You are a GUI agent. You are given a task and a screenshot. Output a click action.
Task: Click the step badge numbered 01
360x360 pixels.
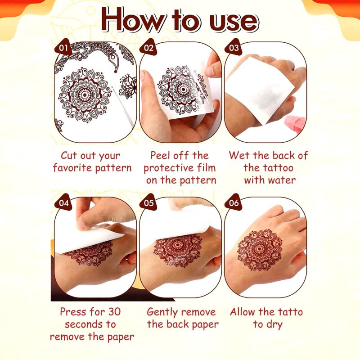pos(63,48)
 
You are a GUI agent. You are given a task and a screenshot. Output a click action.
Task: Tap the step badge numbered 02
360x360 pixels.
pos(148,48)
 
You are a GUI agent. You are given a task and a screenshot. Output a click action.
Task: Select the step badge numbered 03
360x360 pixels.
pos(233,48)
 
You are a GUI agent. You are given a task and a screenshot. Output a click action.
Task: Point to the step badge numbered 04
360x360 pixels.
pos(63,202)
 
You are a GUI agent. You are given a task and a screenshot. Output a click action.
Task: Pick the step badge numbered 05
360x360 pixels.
pos(148,202)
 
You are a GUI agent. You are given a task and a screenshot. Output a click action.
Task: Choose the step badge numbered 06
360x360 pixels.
pos(234,202)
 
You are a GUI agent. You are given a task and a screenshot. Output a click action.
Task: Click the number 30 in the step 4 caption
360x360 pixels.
pos(114,312)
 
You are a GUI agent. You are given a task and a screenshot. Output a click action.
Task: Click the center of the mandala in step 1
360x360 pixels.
pos(84,94)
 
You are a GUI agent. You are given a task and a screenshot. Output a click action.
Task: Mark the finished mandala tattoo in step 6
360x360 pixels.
pos(260,249)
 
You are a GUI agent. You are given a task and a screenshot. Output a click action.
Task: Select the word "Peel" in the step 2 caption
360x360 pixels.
pos(160,155)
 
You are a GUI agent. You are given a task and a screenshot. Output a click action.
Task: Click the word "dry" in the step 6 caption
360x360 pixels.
pos(274,325)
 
